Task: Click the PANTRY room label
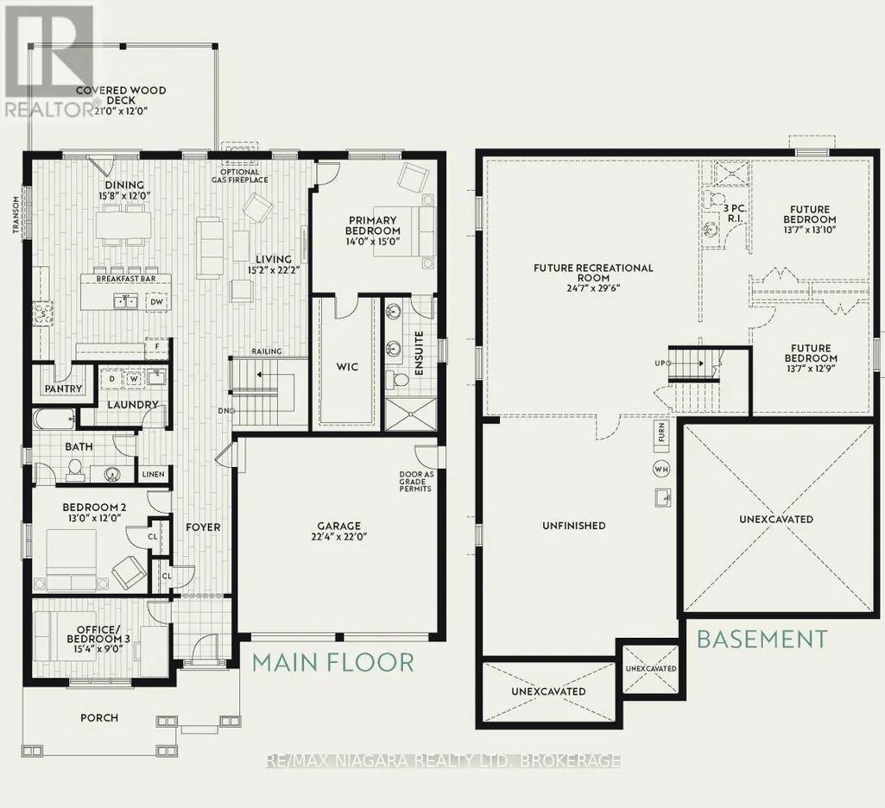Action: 64,388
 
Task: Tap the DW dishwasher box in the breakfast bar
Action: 156,302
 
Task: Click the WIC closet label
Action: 347,367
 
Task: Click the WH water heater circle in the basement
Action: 661,469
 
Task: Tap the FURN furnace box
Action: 661,432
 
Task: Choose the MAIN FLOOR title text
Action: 333,662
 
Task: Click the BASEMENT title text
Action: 762,639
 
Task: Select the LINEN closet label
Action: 154,474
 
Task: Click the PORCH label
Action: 99,717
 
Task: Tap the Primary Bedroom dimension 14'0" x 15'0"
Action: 373,241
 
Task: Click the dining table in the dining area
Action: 123,225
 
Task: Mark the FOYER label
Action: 203,527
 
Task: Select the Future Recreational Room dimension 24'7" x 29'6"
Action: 593,287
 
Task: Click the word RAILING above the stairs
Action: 267,351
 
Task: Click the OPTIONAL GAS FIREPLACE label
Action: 240,176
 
